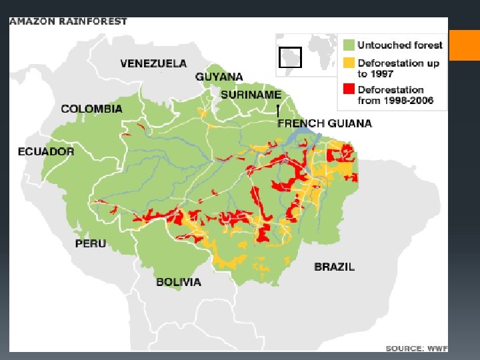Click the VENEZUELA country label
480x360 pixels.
pyautogui.click(x=153, y=63)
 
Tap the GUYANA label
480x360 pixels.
pyautogui.click(x=219, y=77)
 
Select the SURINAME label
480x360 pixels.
pyautogui.click(x=251, y=95)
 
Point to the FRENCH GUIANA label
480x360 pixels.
pyautogui.click(x=325, y=123)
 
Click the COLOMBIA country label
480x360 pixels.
pyautogui.click(x=91, y=109)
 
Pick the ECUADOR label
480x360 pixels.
pyautogui.click(x=46, y=151)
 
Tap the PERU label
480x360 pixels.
pyautogui.click(x=90, y=243)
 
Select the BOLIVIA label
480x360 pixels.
pyautogui.click(x=179, y=282)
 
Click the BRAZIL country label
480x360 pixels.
pyautogui.click(x=334, y=267)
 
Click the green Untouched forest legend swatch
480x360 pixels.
pyautogui.click(x=349, y=45)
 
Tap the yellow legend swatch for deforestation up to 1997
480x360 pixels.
pyautogui.click(x=349, y=63)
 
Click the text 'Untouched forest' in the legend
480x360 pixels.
pyautogui.click(x=400, y=45)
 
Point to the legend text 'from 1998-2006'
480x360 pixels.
pyautogui.click(x=395, y=101)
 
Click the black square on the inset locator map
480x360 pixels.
pyautogui.click(x=291, y=57)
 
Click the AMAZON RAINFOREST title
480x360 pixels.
pyautogui.click(x=68, y=21)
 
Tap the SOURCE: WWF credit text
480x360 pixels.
pyautogui.click(x=416, y=348)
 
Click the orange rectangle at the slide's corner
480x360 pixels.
pyautogui.click(x=465, y=45)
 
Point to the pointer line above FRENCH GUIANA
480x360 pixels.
pyautogui.click(x=278, y=111)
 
